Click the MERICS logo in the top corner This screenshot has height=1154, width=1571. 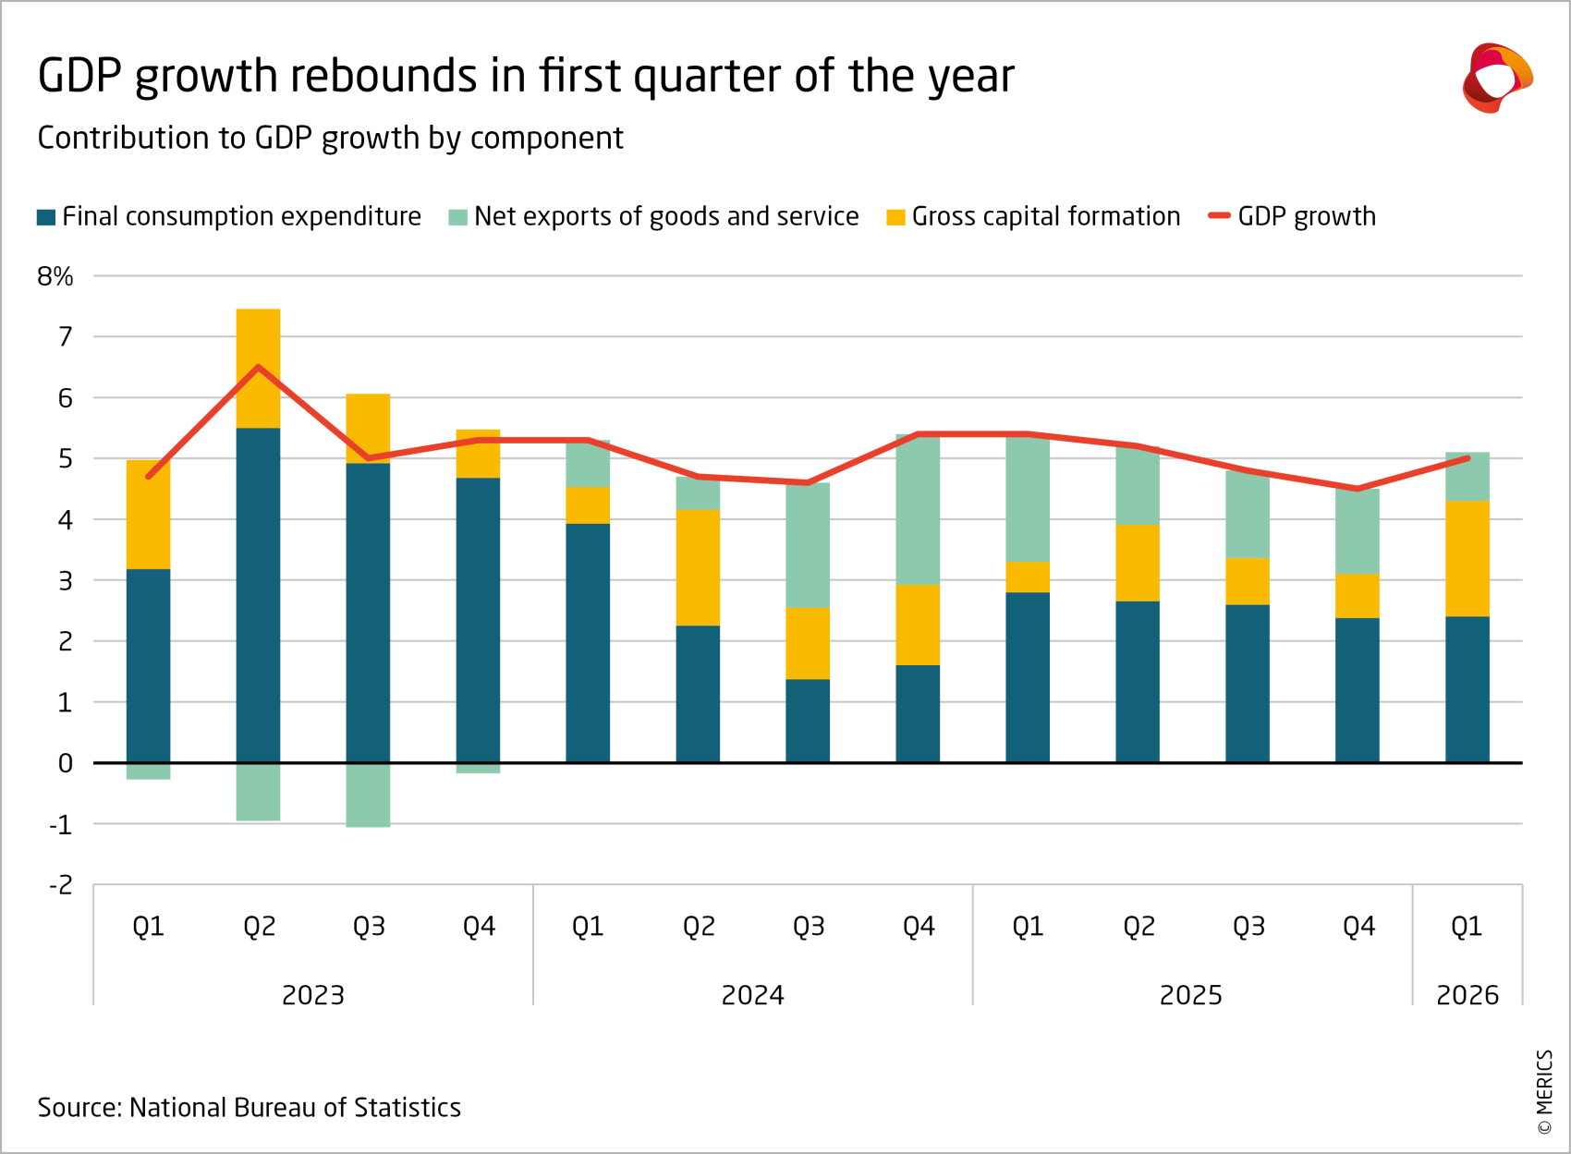[1496, 78]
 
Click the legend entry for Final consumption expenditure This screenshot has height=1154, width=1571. [229, 216]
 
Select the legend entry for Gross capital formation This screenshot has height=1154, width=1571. [1033, 216]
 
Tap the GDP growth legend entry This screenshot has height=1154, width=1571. [1293, 216]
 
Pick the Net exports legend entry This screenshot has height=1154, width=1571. [654, 216]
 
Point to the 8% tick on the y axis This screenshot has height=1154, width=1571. [55, 276]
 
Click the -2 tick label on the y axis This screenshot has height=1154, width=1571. [60, 885]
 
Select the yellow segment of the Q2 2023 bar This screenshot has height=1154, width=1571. [258, 368]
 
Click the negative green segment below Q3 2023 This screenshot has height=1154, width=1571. [368, 795]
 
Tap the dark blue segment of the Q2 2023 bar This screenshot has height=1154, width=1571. [258, 595]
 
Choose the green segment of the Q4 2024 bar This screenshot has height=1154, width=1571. [918, 509]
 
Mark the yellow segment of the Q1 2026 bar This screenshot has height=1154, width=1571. [1467, 558]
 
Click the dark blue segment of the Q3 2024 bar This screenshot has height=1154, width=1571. [808, 721]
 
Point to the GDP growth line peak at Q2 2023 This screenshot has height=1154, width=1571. [258, 367]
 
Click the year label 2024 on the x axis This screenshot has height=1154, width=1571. [752, 995]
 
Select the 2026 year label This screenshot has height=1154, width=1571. [1467, 995]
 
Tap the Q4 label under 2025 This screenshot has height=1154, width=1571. [1358, 926]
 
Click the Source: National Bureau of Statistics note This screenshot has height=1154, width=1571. [249, 1107]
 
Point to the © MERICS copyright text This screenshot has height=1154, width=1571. [1544, 1091]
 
